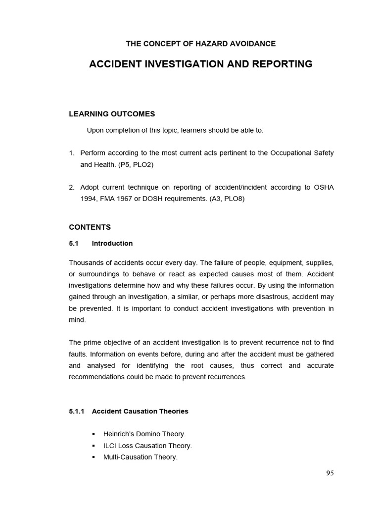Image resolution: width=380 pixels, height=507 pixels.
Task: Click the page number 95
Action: (330, 473)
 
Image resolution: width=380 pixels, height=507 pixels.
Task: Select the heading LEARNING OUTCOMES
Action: (111, 114)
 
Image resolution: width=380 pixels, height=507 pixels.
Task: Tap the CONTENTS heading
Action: (90, 227)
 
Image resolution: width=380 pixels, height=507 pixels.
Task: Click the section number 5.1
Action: (74, 244)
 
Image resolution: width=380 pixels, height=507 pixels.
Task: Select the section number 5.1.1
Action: (77, 411)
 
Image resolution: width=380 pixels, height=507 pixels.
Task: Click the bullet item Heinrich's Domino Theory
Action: (144, 434)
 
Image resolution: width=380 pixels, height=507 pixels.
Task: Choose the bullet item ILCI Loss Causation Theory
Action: (147, 446)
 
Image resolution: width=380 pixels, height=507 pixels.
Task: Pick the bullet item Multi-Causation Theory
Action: (140, 457)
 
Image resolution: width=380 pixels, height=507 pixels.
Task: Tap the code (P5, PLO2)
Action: (136, 165)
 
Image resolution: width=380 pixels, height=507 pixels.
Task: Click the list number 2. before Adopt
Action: (72, 188)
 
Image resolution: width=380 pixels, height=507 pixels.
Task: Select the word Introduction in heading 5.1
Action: (112, 244)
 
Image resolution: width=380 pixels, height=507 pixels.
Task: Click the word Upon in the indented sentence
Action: (95, 131)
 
